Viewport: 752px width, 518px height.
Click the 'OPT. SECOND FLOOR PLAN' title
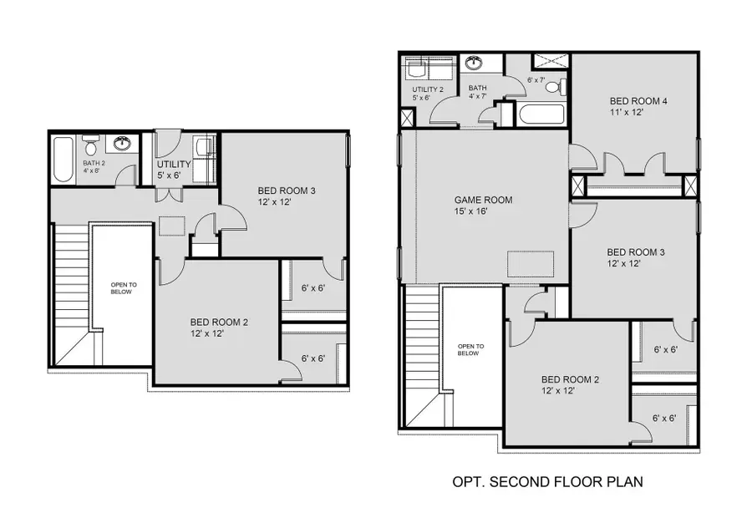click(547, 482)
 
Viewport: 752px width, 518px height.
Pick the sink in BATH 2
click(123, 143)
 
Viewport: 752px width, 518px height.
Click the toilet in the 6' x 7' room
click(562, 86)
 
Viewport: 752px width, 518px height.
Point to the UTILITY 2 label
click(427, 89)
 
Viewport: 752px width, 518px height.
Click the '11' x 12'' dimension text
click(627, 113)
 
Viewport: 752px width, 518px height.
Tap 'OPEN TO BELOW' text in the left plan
click(124, 289)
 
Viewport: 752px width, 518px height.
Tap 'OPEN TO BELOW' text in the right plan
click(470, 349)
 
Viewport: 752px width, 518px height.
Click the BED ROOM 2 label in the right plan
click(571, 378)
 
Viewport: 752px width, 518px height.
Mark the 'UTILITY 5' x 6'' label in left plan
click(174, 170)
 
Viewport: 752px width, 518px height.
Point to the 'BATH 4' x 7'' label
click(477, 92)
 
